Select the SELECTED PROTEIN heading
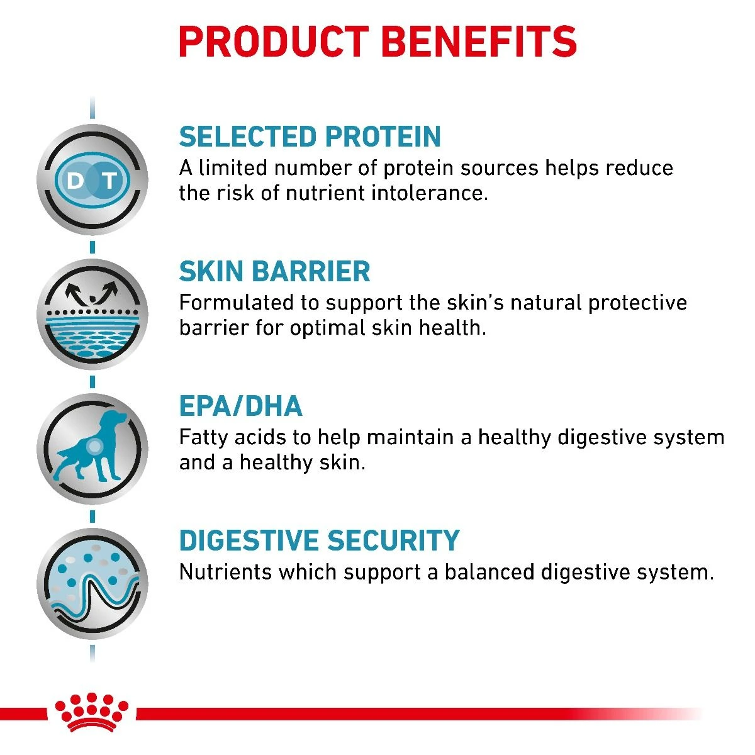(310, 137)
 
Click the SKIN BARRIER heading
(274, 271)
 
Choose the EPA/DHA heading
(240, 406)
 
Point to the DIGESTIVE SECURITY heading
(319, 541)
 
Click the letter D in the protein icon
(75, 181)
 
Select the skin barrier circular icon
(92, 314)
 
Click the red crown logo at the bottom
(92, 711)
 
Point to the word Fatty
(203, 437)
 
